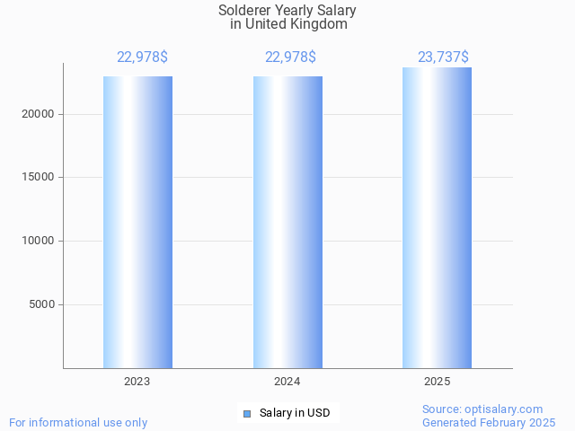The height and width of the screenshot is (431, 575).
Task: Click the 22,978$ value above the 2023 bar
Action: click(142, 57)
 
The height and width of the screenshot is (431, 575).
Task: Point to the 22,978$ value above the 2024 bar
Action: click(290, 57)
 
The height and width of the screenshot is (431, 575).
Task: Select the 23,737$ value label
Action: click(443, 57)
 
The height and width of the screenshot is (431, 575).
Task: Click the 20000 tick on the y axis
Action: click(37, 114)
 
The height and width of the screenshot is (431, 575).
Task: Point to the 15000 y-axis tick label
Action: click(37, 177)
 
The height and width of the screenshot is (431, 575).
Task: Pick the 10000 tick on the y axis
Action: click(37, 241)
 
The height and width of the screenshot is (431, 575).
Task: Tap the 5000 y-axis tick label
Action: click(40, 304)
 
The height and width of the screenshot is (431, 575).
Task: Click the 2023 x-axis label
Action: click(137, 382)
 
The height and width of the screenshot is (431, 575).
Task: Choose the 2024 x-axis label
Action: click(287, 382)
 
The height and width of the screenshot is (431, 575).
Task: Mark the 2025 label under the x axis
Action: click(437, 382)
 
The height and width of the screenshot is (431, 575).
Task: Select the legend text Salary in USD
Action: click(295, 413)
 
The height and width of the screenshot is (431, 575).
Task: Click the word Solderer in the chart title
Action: click(245, 11)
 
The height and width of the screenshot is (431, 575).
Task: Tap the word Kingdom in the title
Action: click(320, 24)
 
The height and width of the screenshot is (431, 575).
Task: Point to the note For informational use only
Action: click(78, 422)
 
